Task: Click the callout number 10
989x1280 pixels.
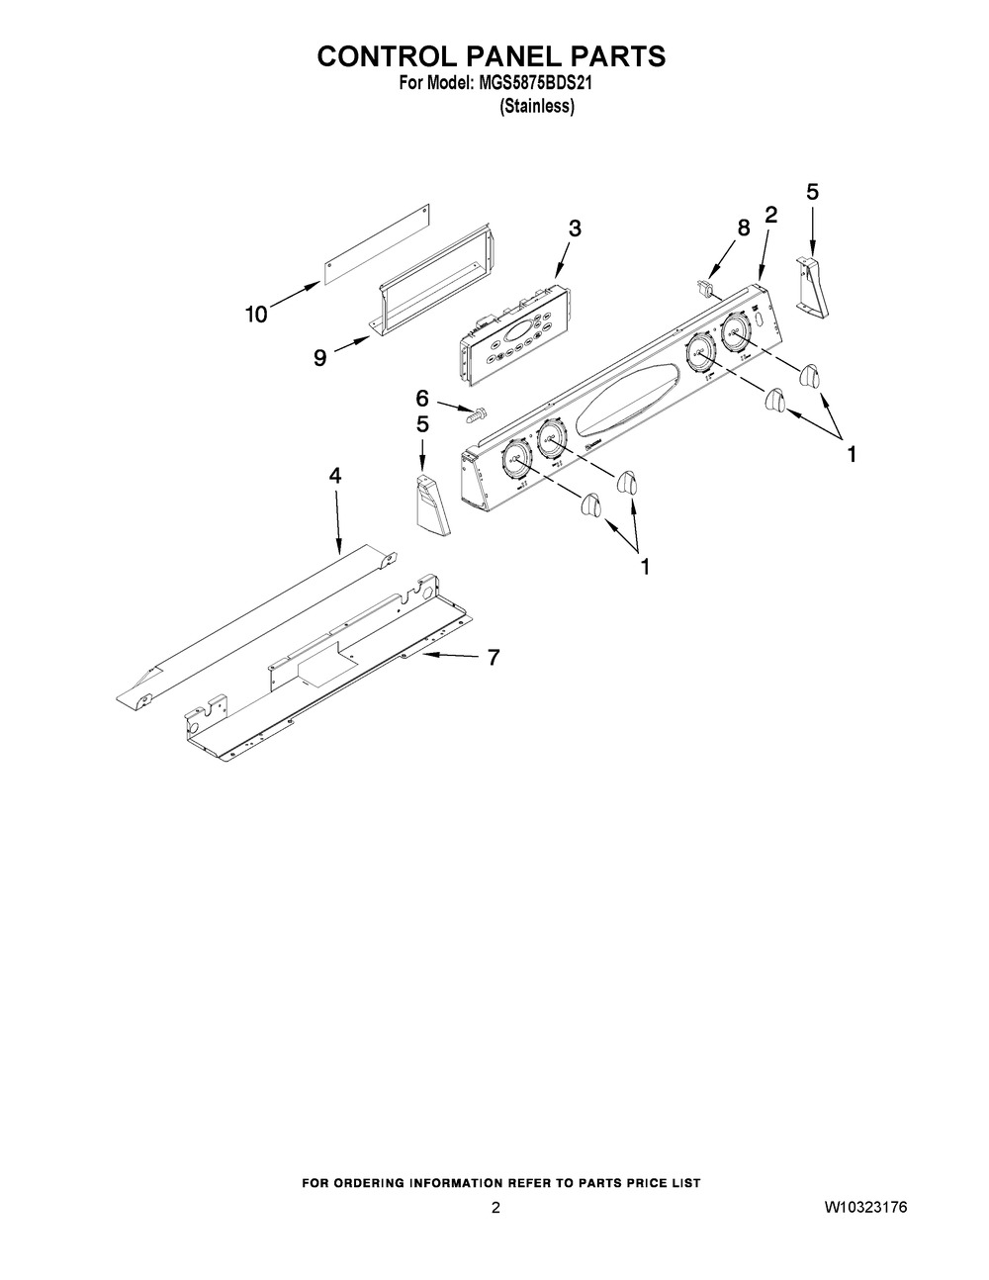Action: pos(256,315)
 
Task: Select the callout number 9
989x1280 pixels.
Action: pos(319,358)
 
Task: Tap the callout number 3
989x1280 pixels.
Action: pos(575,229)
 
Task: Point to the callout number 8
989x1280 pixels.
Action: pos(744,228)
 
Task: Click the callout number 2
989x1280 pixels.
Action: pos(771,214)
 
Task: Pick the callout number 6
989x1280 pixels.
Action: pos(422,399)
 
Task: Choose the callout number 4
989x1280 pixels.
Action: pos(335,476)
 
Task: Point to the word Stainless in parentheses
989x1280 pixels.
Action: pos(537,106)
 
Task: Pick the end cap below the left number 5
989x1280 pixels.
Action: pos(427,504)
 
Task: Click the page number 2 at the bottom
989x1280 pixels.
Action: pos(495,1208)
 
